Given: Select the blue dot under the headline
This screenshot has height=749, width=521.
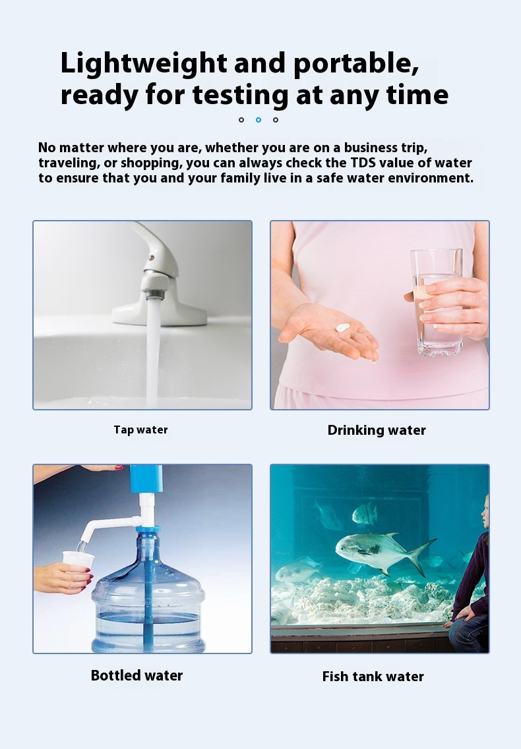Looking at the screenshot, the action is tap(259, 119).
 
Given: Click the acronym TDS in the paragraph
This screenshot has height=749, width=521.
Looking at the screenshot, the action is tap(363, 163).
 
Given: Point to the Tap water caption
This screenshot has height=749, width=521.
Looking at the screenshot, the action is tap(140, 430).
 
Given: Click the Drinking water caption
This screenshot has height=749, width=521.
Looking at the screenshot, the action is tap(377, 430).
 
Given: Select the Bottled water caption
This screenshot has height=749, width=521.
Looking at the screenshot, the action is tap(137, 675).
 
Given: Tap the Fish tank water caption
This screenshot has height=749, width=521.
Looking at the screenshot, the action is tap(373, 677).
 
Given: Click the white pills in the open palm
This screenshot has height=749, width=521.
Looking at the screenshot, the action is tap(343, 327).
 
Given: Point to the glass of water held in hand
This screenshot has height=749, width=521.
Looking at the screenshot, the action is tap(437, 302).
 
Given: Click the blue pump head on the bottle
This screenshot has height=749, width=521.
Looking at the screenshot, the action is tap(146, 479).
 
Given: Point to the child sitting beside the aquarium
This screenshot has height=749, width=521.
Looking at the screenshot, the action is tap(470, 578).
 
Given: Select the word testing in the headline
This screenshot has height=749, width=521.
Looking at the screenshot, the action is tap(240, 95).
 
